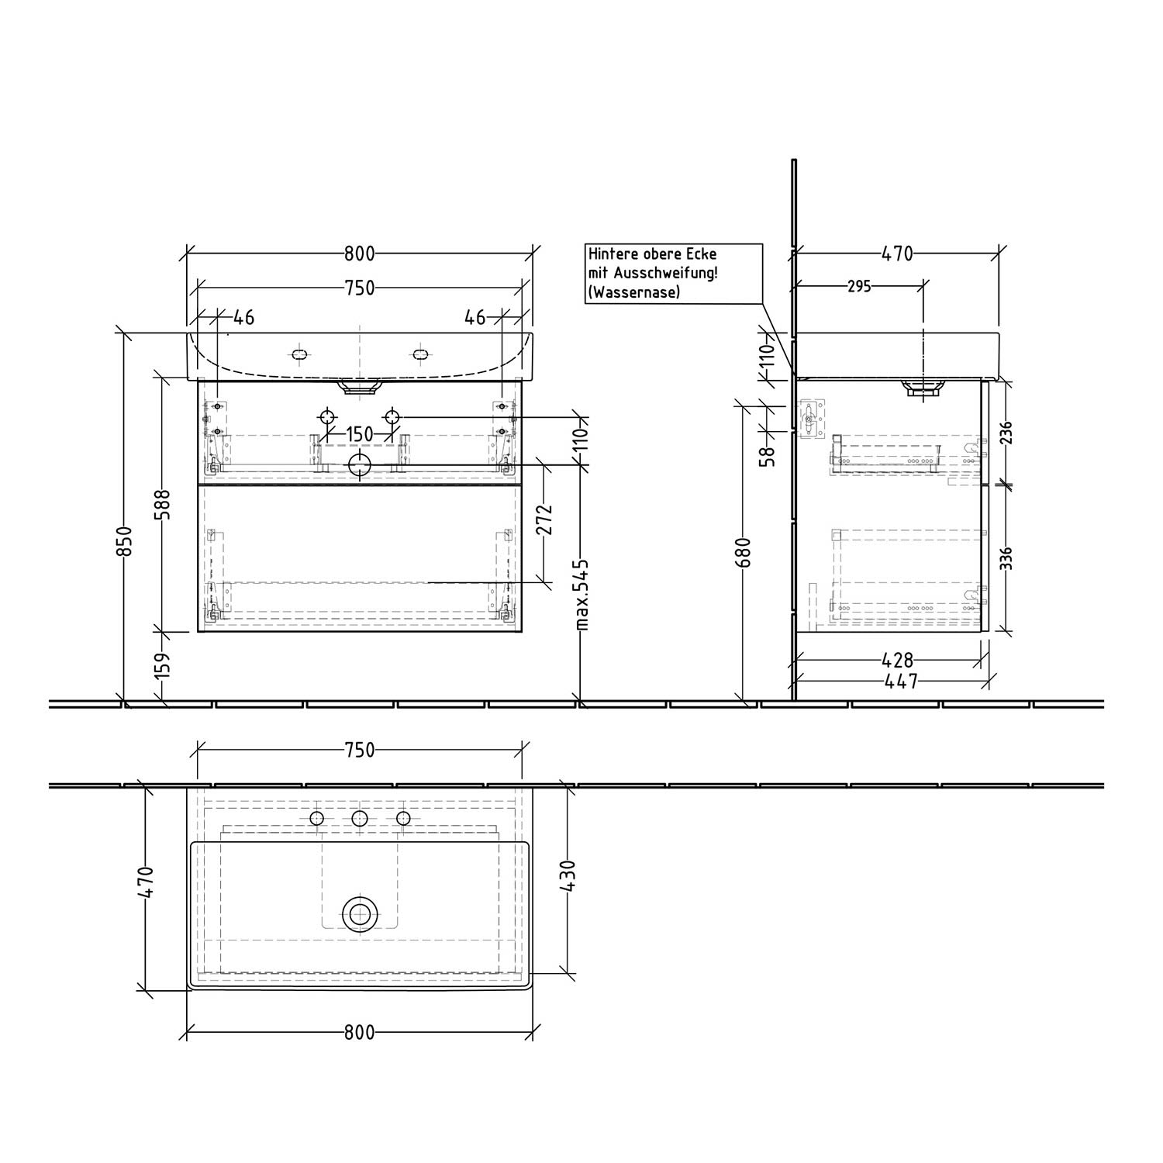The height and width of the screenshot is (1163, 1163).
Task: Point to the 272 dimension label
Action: (x=544, y=519)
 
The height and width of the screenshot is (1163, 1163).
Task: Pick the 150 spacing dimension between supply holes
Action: (x=360, y=434)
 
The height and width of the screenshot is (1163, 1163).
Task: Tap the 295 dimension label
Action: (x=859, y=286)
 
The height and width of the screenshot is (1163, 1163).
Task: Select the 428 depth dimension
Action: (x=898, y=661)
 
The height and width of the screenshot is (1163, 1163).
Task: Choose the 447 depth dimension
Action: (x=900, y=681)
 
